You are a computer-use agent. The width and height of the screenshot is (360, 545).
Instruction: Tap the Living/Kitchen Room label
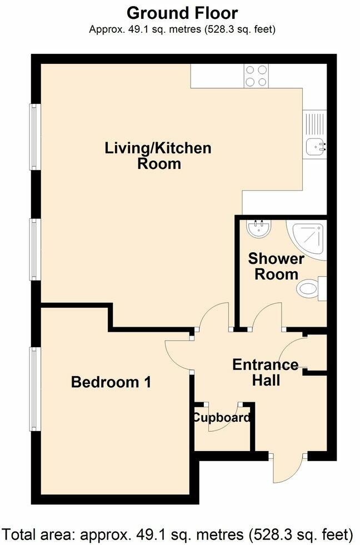tap(158, 156)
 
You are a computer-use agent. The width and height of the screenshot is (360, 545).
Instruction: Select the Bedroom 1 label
tap(111, 382)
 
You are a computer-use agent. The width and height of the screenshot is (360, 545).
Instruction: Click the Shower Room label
tap(276, 266)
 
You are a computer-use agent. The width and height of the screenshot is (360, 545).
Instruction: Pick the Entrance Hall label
tap(265, 373)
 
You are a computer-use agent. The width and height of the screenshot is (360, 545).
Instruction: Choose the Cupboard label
tap(221, 418)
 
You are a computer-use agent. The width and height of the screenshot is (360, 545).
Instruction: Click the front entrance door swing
tap(288, 470)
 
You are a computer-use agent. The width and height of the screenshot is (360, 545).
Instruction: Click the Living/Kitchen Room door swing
tap(213, 317)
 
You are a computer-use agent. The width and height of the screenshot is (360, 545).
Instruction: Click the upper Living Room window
tap(35, 137)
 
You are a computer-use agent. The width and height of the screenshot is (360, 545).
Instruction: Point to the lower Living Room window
tap(35, 249)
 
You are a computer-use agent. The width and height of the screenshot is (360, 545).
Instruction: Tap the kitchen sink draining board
tap(313, 122)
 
